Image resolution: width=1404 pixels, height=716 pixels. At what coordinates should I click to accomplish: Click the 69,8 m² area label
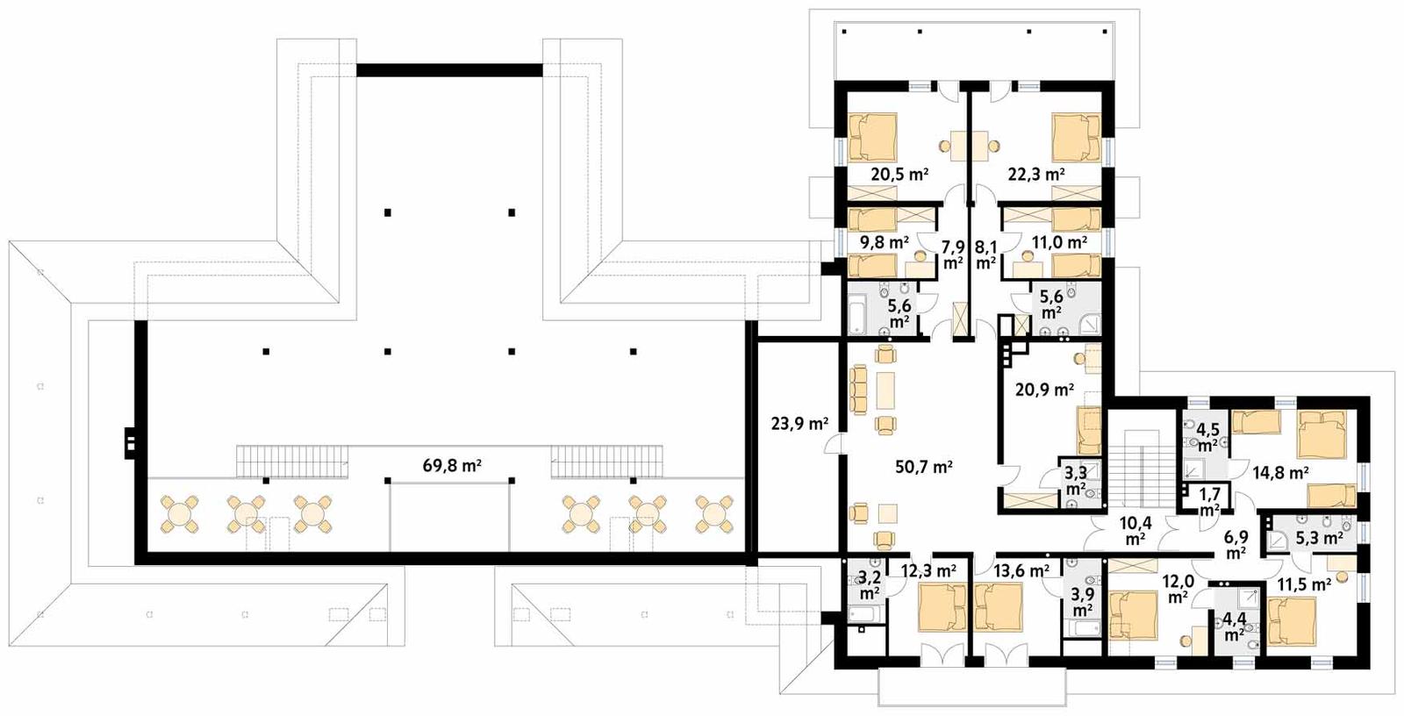coord(451,466)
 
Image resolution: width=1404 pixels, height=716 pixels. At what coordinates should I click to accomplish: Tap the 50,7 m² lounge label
coord(923,467)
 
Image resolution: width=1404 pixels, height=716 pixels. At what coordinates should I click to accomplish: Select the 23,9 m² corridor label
coord(799,424)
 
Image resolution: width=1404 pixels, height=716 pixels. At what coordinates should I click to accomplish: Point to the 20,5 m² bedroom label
coord(899,175)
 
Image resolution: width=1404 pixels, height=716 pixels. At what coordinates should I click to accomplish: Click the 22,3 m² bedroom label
coord(1035,175)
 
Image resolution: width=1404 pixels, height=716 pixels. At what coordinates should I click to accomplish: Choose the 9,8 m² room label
coord(883,241)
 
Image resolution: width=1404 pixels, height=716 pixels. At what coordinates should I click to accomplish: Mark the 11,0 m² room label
coord(1059,241)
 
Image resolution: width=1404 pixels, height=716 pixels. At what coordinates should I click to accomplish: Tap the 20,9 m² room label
coord(1044,389)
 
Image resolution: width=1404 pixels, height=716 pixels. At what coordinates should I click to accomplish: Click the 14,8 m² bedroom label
coord(1280,473)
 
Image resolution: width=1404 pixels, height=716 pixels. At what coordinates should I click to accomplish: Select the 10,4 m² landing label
coord(1135,531)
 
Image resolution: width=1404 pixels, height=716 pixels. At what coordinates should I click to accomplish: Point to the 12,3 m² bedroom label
coord(928,571)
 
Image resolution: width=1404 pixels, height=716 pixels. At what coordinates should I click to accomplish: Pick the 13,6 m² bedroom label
coord(1021,571)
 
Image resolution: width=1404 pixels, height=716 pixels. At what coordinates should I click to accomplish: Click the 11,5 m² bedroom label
coord(1303,584)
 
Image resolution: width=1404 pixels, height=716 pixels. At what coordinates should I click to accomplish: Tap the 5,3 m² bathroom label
coord(1319,537)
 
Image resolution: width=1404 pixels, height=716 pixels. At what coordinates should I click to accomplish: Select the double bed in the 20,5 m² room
coord(874,137)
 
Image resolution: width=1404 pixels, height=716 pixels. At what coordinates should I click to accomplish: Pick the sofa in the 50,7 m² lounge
coord(857,390)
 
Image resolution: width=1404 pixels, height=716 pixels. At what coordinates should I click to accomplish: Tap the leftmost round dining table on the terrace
coord(179,514)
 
